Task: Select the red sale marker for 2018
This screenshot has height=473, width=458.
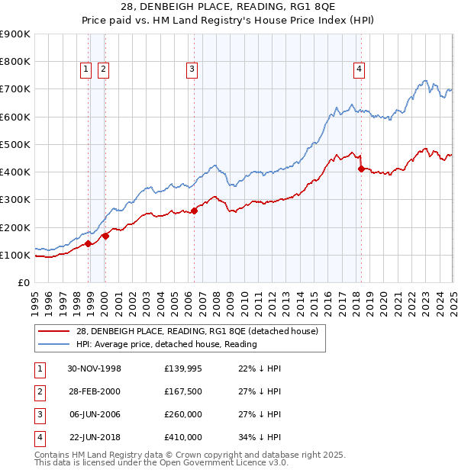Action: pos(361,169)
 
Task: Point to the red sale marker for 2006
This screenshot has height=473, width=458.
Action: pos(194,211)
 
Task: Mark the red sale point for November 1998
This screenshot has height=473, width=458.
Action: pos(89,244)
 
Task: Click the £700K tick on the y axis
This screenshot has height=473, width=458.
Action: pos(15,89)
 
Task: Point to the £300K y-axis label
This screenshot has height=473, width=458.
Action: pos(15,200)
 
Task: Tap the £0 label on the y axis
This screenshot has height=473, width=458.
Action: pos(23,283)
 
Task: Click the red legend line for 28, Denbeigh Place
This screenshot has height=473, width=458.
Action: pos(53,330)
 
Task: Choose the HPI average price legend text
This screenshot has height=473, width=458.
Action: pos(166,344)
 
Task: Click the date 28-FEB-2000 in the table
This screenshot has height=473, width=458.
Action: pos(94,391)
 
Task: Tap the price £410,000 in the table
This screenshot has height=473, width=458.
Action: pos(183,437)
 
